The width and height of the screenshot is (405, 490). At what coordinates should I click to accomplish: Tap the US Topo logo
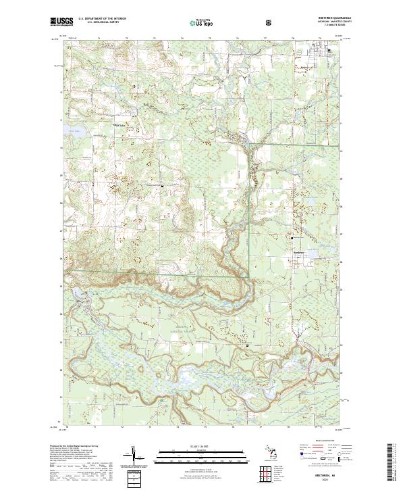[x=195, y=22]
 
